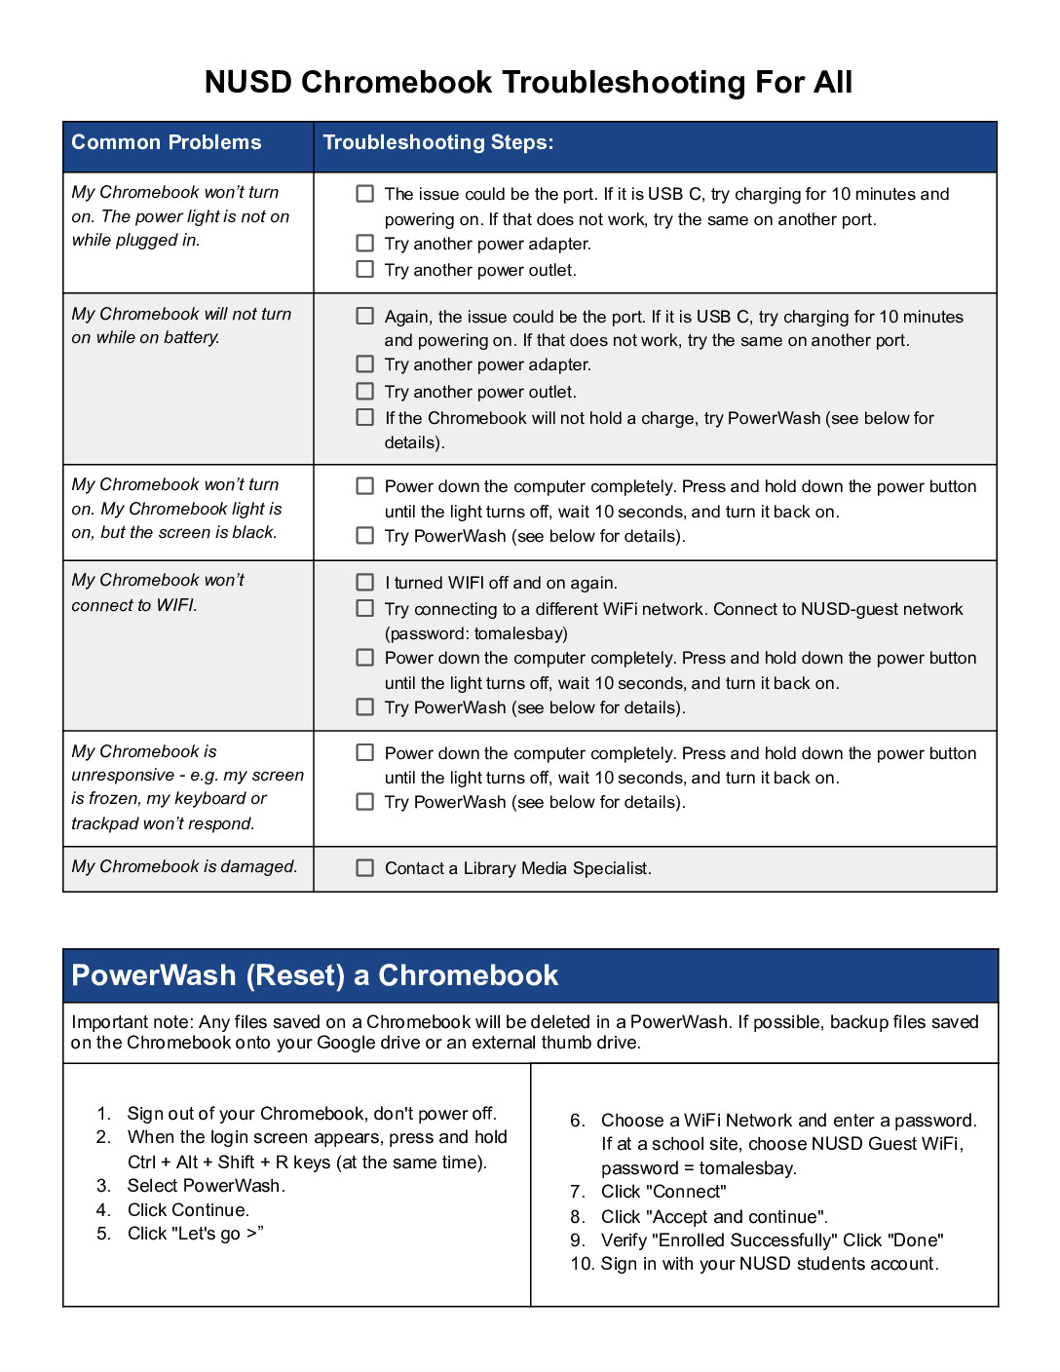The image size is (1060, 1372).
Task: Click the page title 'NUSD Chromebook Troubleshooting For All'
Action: pyautogui.click(x=528, y=83)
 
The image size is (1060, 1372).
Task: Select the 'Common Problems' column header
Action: pyautogui.click(x=167, y=142)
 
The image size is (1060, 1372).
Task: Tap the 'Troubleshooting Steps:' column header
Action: pyautogui.click(x=438, y=142)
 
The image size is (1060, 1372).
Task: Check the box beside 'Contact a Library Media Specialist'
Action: pyautogui.click(x=365, y=867)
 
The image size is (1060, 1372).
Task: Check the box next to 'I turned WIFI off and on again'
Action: pyautogui.click(x=365, y=582)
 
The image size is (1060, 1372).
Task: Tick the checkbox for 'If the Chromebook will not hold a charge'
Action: pyautogui.click(x=365, y=417)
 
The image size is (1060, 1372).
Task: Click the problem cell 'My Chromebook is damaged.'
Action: pyautogui.click(x=184, y=866)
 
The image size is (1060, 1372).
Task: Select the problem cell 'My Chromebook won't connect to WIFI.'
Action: pyautogui.click(x=158, y=592)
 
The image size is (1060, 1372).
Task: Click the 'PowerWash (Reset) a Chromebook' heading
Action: pyautogui.click(x=315, y=975)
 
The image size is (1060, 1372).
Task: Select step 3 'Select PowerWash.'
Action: pyautogui.click(x=206, y=1185)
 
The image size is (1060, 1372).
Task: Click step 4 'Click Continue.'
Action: pyautogui.click(x=188, y=1209)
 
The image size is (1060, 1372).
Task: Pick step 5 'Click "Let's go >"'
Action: pyautogui.click(x=195, y=1233)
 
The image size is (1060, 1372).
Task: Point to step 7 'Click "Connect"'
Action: pyautogui.click(x=663, y=1191)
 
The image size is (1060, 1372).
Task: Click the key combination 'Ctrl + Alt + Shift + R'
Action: pyautogui.click(x=208, y=1162)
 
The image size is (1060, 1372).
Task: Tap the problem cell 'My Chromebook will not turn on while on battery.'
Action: pyautogui.click(x=181, y=325)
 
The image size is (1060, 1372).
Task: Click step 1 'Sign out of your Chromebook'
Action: pyautogui.click(x=312, y=1113)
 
